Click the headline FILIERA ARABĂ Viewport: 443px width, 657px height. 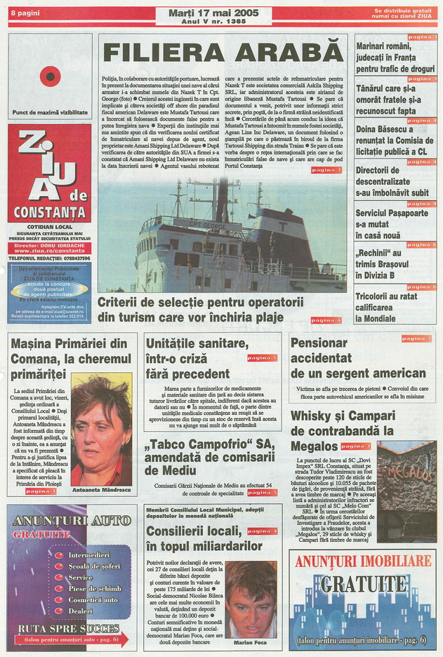click(223, 53)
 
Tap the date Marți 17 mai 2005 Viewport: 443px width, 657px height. click(213, 13)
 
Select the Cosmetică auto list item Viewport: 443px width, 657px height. click(93, 599)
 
